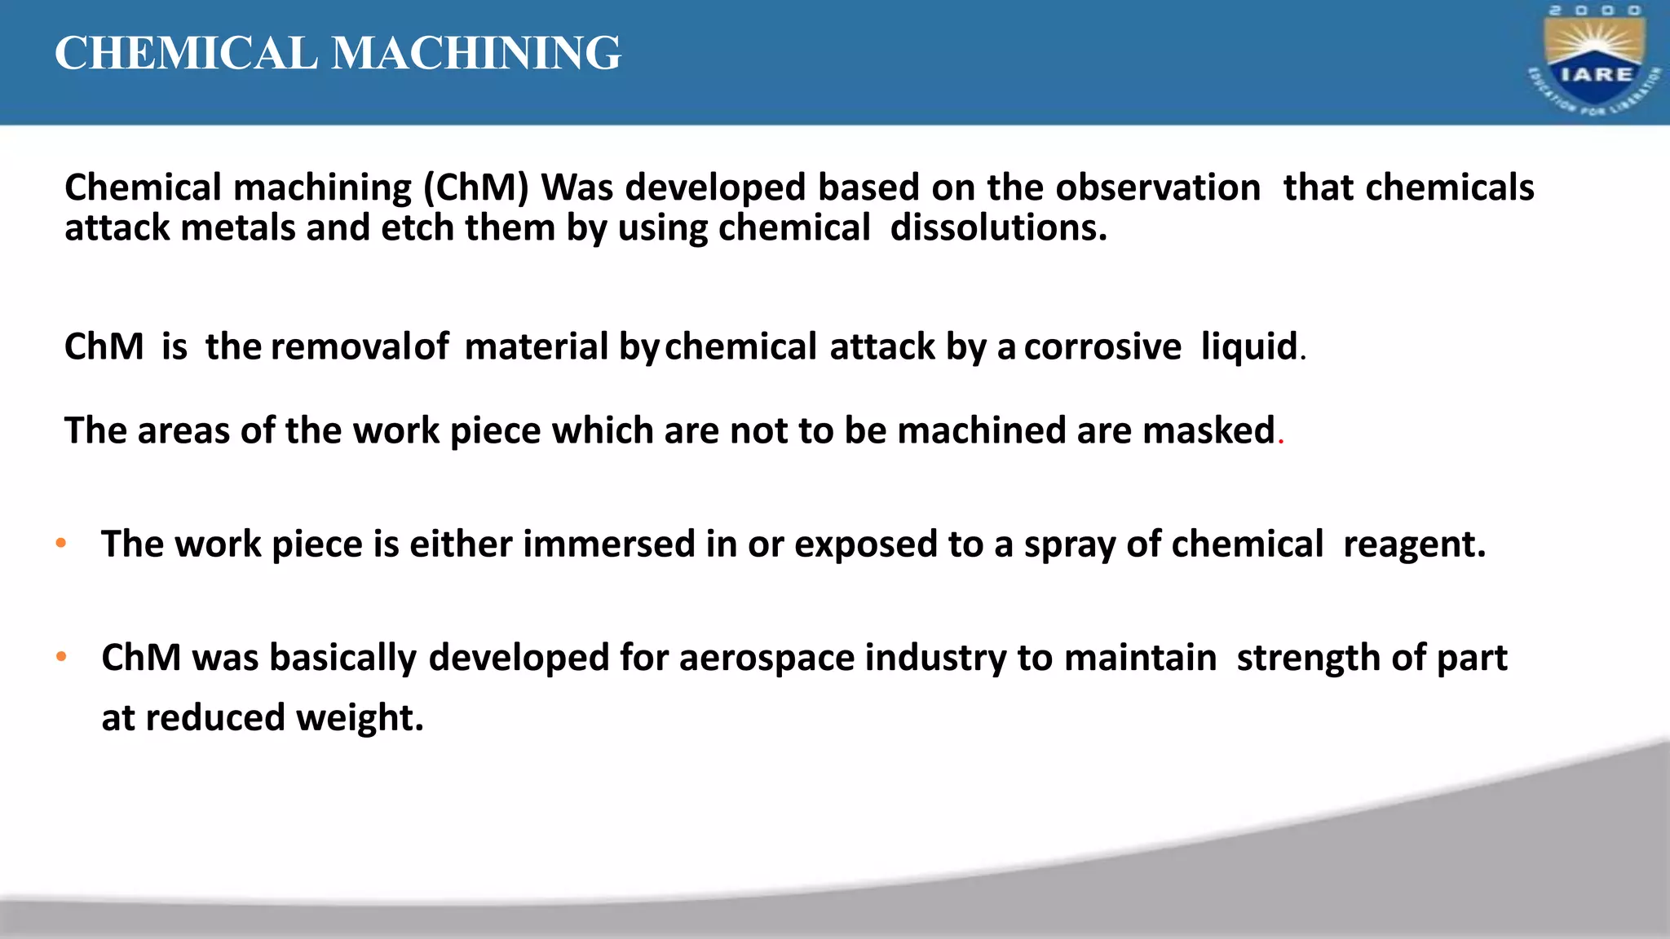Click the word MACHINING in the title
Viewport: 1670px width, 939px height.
tap(476, 54)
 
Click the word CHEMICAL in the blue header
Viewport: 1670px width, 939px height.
tap(186, 54)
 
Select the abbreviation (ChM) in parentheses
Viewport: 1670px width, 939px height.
tap(476, 188)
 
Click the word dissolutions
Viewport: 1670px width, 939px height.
tap(998, 228)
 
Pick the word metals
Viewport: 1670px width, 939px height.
tap(237, 228)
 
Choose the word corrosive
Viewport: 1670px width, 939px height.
tap(1102, 347)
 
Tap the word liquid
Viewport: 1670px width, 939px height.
tap(1248, 347)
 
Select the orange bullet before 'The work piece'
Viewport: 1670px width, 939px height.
tap(61, 543)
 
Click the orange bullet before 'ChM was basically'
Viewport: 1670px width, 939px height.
tap(61, 656)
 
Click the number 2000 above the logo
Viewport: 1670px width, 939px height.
tap(1595, 11)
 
